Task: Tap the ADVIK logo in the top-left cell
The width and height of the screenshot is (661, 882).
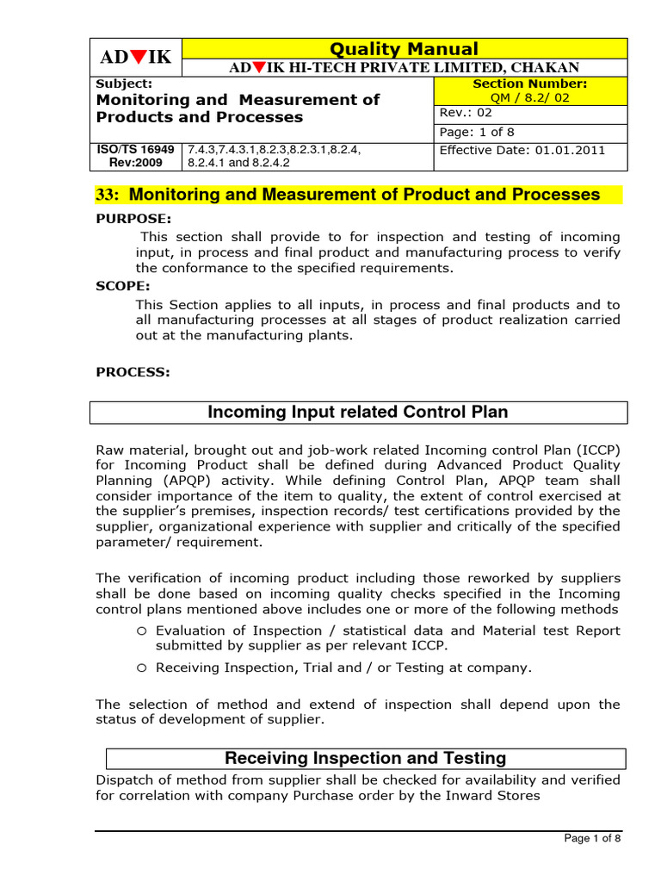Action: tap(136, 58)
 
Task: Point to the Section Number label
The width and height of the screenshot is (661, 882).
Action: tap(530, 84)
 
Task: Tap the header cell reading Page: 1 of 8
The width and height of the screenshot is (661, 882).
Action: tap(474, 132)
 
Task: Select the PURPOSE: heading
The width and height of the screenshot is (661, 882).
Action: tap(133, 219)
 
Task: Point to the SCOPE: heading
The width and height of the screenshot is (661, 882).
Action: tap(123, 285)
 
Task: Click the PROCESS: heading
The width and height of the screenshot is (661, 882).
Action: tap(133, 372)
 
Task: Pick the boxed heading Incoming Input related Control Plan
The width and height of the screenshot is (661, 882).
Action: tap(358, 413)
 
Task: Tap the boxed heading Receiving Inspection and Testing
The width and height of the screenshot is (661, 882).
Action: tap(365, 759)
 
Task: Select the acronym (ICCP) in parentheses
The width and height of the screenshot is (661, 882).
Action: tap(595, 450)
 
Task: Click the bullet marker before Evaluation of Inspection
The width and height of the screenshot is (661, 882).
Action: tap(142, 630)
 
